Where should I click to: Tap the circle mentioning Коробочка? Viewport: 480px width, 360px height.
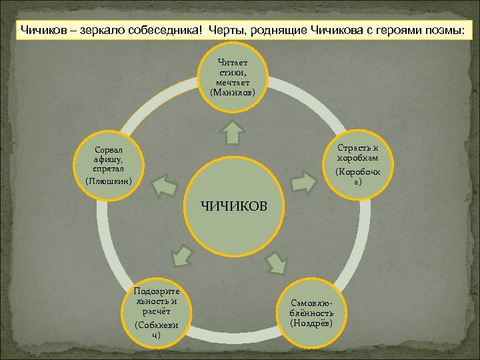pyautogui.click(x=359, y=164)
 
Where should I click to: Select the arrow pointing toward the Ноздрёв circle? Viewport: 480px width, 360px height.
pyautogui.click(x=278, y=263)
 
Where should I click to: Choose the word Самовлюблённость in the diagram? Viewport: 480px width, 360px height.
pyautogui.click(x=311, y=307)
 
